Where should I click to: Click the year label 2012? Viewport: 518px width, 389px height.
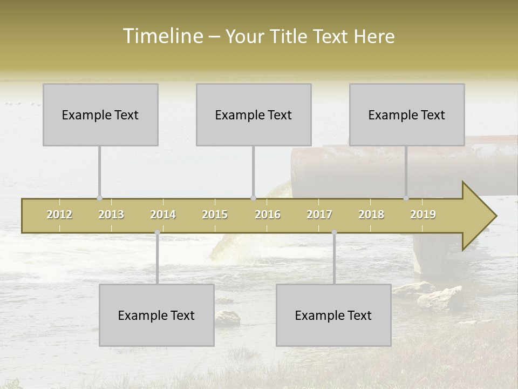(59, 215)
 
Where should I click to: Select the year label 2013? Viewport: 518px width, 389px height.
(111, 215)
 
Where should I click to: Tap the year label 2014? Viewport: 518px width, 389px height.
(163, 215)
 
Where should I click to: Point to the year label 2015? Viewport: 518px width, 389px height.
(215, 215)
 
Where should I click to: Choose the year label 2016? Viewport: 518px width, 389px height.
(268, 215)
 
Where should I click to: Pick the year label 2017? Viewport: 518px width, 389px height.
(319, 215)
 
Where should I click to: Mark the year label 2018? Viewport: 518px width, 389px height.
(371, 215)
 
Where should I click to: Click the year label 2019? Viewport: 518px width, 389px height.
(423, 215)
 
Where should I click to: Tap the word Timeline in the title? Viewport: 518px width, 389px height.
(162, 36)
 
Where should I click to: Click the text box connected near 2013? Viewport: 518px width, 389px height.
(100, 115)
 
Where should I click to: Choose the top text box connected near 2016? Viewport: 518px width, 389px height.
(254, 115)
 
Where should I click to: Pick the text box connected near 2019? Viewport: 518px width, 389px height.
(407, 115)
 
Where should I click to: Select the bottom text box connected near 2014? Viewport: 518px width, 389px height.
(156, 315)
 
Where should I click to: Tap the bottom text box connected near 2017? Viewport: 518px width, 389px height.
(333, 315)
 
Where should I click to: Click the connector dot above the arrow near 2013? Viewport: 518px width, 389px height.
(99, 198)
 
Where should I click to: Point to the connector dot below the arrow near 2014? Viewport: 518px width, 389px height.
(157, 232)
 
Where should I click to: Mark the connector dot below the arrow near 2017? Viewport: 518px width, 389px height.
(334, 232)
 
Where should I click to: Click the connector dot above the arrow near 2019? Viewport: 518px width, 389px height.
(406, 198)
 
